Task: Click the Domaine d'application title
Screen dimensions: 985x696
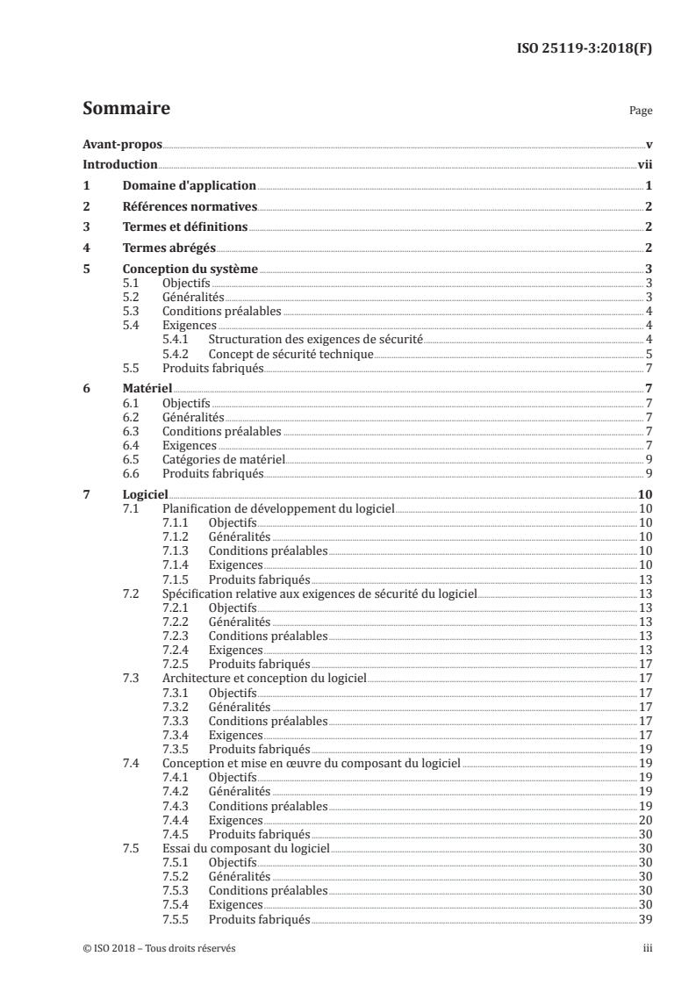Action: point(189,186)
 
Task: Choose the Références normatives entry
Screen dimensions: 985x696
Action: point(190,207)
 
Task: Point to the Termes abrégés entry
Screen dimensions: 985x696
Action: point(169,248)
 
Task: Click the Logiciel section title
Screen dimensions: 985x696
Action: point(146,495)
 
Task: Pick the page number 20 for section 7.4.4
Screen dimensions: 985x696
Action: point(645,820)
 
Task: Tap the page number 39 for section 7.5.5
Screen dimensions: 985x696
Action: point(645,919)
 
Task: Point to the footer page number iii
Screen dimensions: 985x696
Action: point(648,949)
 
